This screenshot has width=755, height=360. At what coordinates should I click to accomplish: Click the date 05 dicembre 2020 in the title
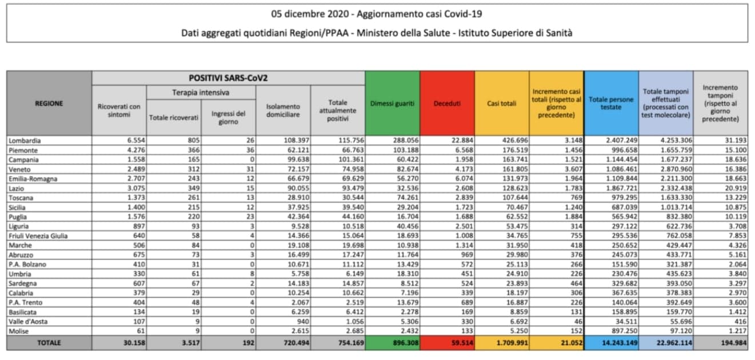pyautogui.click(x=310, y=14)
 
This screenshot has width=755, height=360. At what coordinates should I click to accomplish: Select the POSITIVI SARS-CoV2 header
pyautogui.click(x=228, y=78)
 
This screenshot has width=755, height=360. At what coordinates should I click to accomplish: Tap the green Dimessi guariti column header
pyautogui.click(x=392, y=103)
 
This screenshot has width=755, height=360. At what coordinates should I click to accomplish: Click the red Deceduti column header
pyautogui.click(x=447, y=103)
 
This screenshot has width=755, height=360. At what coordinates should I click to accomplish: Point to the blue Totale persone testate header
pyautogui.click(x=611, y=103)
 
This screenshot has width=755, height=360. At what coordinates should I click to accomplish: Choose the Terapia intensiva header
pyautogui.click(x=201, y=93)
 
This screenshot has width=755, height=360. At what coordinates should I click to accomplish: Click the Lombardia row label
pyautogui.click(x=25, y=141)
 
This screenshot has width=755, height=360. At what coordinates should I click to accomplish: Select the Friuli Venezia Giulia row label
pyautogui.click(x=38, y=236)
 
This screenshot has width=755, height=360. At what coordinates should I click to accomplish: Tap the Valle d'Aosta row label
pyautogui.click(x=28, y=322)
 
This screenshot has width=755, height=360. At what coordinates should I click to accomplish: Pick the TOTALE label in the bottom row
pyautogui.click(x=49, y=343)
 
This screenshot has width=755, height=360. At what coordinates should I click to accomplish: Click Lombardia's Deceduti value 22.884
pyautogui.click(x=462, y=140)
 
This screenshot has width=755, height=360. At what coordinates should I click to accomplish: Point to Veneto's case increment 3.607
pyautogui.click(x=573, y=169)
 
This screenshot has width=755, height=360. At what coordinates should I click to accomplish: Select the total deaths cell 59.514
pyautogui.click(x=462, y=343)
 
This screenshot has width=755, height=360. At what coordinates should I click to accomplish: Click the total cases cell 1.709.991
pyautogui.click(x=512, y=343)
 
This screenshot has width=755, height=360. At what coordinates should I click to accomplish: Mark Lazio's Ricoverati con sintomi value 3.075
pyautogui.click(x=136, y=188)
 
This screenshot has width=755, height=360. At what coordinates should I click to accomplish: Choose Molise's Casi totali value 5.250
pyautogui.click(x=519, y=331)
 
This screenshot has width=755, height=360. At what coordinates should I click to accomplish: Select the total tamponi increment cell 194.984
pyautogui.click(x=734, y=343)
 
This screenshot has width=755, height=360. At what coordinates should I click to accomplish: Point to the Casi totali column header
pyautogui.click(x=502, y=103)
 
